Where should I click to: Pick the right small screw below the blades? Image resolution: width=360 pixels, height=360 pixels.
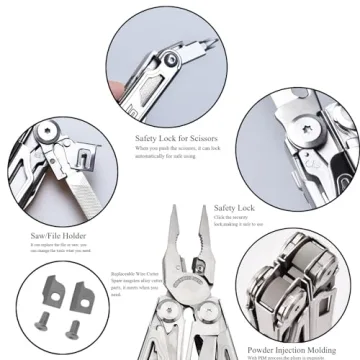pos(72,326)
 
